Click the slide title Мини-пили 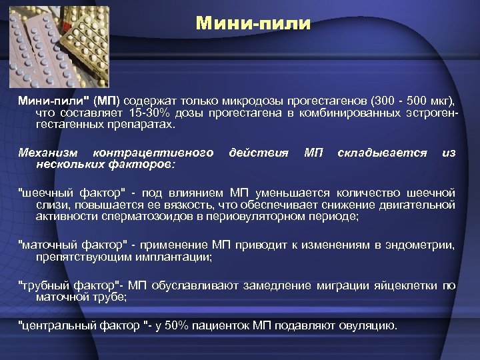pos(253,24)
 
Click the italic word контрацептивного pos(154,153)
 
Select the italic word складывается pos(382,153)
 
